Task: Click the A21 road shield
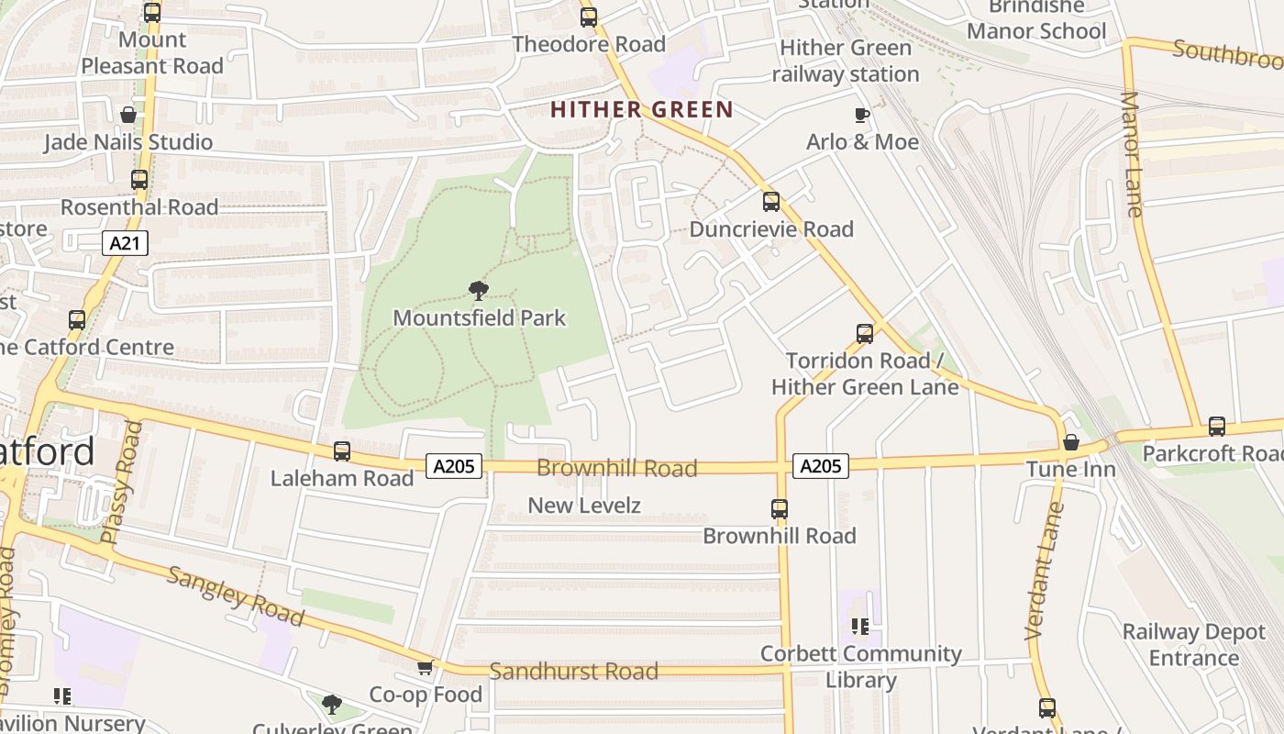[124, 243]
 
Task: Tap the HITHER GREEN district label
[642, 110]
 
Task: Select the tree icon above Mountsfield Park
[478, 292]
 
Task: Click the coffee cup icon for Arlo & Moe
[861, 115]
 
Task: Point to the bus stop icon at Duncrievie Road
[771, 202]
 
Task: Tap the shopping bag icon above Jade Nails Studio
[128, 116]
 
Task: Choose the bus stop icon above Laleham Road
[342, 451]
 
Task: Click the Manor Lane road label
[1133, 154]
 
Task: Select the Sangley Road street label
[235, 596]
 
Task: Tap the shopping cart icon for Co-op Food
[425, 668]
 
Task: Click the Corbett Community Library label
[861, 667]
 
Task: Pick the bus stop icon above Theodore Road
[589, 17]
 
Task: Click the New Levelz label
[584, 506]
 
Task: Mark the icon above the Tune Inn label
[1070, 444]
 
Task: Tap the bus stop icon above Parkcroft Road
[1217, 427]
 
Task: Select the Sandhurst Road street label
[573, 672]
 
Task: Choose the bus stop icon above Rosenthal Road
[139, 180]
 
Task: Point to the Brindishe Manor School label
[1036, 20]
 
